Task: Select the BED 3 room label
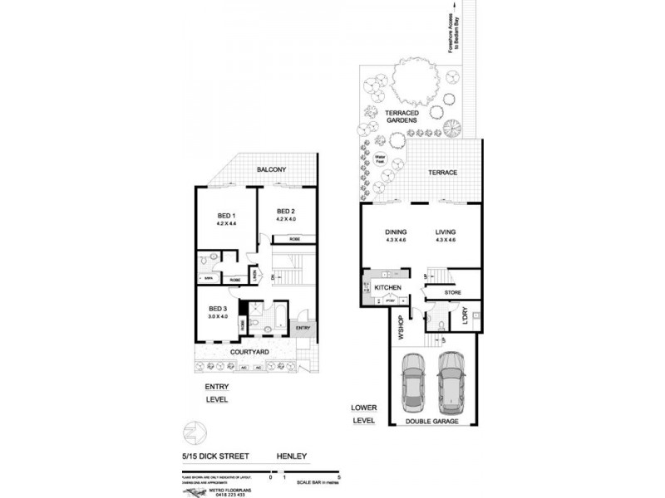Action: (x=217, y=309)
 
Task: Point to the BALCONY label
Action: (x=271, y=170)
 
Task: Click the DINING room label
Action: (x=394, y=232)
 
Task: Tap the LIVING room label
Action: (x=446, y=232)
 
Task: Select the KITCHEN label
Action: (x=388, y=287)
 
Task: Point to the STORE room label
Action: (x=452, y=291)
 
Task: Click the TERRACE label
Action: (x=443, y=173)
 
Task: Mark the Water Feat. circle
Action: (x=382, y=158)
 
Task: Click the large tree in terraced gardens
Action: (x=411, y=84)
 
